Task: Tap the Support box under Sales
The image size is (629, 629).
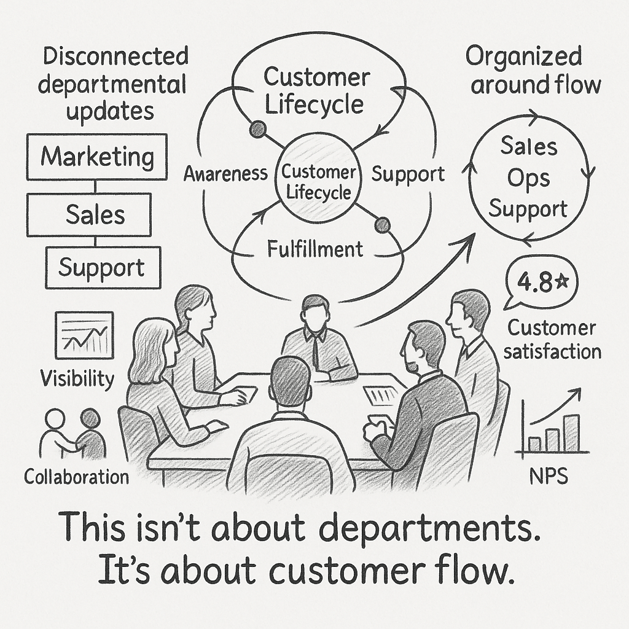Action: pyautogui.click(x=102, y=268)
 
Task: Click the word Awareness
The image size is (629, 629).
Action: pyautogui.click(x=225, y=174)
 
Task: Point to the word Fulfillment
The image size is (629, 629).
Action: pyautogui.click(x=315, y=249)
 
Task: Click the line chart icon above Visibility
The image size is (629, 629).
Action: pyautogui.click(x=84, y=335)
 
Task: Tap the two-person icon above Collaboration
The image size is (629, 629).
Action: pyautogui.click(x=72, y=433)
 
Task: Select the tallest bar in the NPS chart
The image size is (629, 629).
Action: pyautogui.click(x=572, y=432)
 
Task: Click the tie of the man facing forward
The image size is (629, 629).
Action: pyautogui.click(x=314, y=347)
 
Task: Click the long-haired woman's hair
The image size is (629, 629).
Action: pyautogui.click(x=146, y=350)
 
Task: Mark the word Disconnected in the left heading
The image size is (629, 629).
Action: pyautogui.click(x=115, y=57)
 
